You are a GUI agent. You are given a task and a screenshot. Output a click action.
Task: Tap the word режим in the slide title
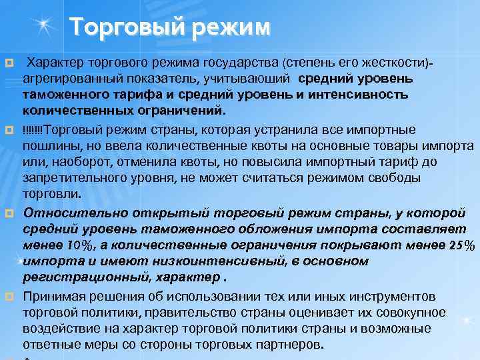(231, 27)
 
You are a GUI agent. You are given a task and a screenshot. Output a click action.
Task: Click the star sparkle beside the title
(46, 25)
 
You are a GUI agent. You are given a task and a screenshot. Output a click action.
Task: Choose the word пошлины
(48, 145)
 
